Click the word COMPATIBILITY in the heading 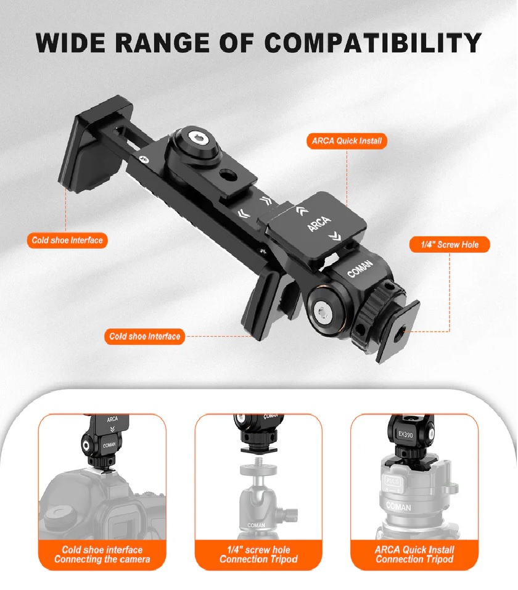pyautogui.click(x=372, y=43)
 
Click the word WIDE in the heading pyautogui.click(x=70, y=43)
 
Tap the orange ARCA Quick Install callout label pyautogui.click(x=347, y=141)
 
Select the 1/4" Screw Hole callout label pyautogui.click(x=450, y=245)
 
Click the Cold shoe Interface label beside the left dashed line pyautogui.click(x=67, y=240)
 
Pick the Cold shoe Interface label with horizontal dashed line pyautogui.click(x=144, y=337)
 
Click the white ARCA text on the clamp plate pyautogui.click(x=319, y=224)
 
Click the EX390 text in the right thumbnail pyautogui.click(x=405, y=434)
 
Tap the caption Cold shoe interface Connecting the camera pyautogui.click(x=102, y=554)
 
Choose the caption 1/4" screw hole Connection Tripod pyautogui.click(x=258, y=554)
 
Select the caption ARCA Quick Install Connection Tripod pyautogui.click(x=414, y=554)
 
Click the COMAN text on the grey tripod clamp pyautogui.click(x=398, y=507)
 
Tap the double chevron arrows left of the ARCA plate pyautogui.click(x=244, y=214)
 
